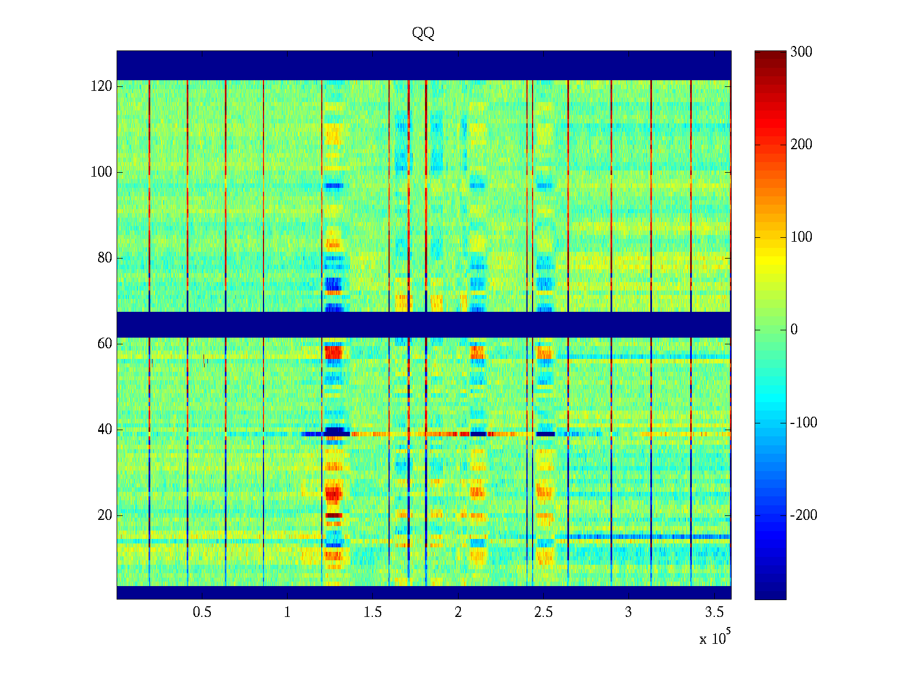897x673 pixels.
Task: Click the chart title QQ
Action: [x=423, y=34]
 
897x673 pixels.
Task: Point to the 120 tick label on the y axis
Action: [x=101, y=86]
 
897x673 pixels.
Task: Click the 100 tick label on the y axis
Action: [x=101, y=172]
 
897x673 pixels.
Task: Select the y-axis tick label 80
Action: [x=105, y=258]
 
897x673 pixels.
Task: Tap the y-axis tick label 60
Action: [x=105, y=344]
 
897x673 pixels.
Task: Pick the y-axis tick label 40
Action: [x=105, y=430]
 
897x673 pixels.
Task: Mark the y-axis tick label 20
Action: [x=105, y=515]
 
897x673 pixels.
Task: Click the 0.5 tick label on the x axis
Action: [x=202, y=612]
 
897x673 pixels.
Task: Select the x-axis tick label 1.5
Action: [x=373, y=612]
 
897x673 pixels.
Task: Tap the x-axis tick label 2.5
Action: [x=543, y=612]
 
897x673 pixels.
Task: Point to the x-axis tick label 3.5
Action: [x=714, y=612]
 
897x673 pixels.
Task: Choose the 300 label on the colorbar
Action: [x=801, y=52]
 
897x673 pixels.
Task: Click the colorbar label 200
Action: [x=801, y=145]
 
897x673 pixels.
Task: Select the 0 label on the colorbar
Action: [x=794, y=330]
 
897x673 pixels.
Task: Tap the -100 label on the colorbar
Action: [x=803, y=423]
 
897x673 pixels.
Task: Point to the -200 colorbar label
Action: [x=803, y=515]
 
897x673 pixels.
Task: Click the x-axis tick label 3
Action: [x=628, y=612]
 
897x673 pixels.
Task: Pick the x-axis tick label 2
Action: [x=458, y=612]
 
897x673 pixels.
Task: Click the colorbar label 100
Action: [x=801, y=237]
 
